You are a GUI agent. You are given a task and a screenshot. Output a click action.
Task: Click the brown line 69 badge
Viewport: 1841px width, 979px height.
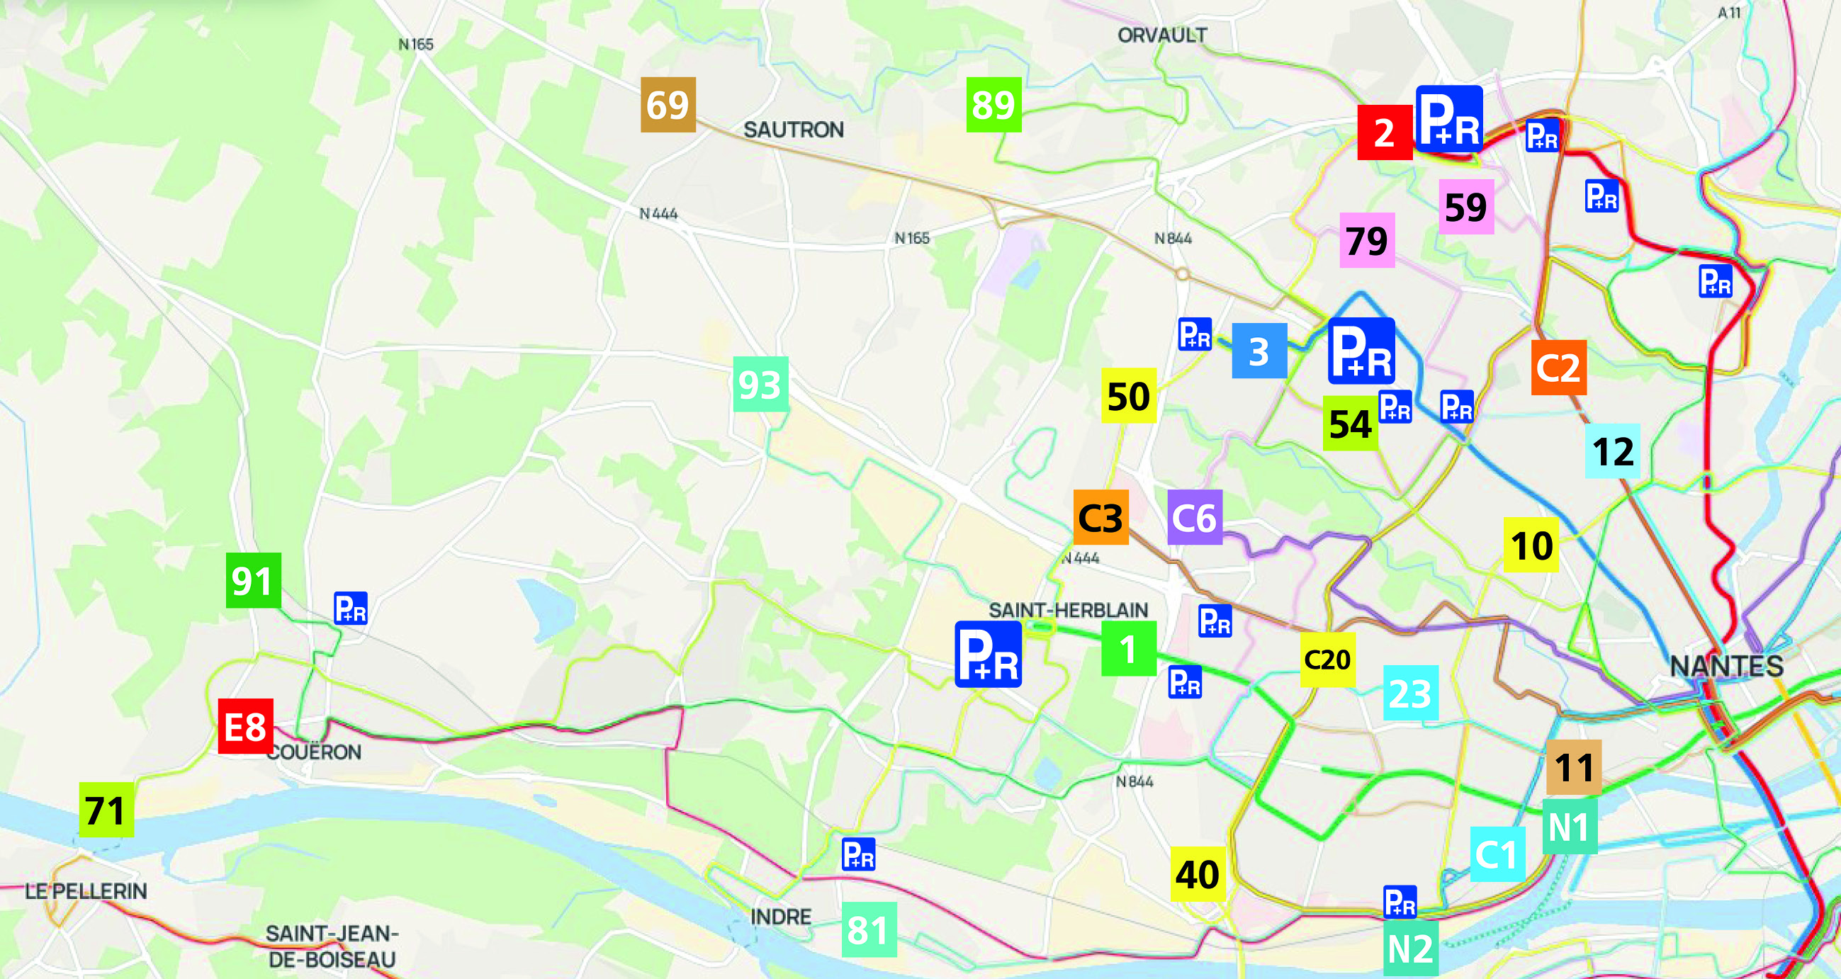point(668,104)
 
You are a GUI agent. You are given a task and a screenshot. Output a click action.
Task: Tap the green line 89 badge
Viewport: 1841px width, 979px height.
point(993,104)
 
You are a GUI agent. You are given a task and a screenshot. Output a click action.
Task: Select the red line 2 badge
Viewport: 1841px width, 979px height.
point(1385,132)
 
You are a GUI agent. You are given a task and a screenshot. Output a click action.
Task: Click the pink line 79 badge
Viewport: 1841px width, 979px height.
point(1366,240)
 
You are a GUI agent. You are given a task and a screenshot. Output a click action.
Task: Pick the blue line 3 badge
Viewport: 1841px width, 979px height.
point(1259,350)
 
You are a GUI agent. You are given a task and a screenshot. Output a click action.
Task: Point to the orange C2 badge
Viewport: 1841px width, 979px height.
point(1558,368)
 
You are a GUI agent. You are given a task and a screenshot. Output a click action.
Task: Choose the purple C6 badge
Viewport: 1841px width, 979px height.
point(1194,516)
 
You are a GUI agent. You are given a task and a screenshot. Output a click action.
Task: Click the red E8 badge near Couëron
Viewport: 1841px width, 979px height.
point(245,726)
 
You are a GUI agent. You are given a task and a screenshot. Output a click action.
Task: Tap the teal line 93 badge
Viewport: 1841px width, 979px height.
point(760,384)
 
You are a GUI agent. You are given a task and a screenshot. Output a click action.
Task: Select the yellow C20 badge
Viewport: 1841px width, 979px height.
point(1327,659)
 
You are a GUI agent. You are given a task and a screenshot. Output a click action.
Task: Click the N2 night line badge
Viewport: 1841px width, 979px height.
point(1410,949)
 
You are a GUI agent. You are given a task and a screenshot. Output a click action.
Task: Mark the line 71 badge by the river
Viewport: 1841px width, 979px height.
point(106,809)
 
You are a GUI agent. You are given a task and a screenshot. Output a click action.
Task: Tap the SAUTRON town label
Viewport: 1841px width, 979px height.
point(793,130)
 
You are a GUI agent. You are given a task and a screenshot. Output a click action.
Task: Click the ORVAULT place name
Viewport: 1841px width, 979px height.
point(1162,35)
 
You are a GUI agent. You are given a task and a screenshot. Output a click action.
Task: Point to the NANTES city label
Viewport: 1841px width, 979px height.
point(1726,665)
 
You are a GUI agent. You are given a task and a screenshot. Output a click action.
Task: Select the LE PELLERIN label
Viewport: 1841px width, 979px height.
point(86,890)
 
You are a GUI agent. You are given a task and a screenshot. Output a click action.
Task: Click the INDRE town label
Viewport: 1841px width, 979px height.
point(780,916)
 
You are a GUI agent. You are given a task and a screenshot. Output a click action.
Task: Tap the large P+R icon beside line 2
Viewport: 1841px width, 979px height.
point(1448,118)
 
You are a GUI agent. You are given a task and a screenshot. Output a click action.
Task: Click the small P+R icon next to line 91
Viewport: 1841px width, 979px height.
point(350,608)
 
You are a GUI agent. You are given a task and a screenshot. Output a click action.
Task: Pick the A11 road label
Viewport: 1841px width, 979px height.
point(1730,12)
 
